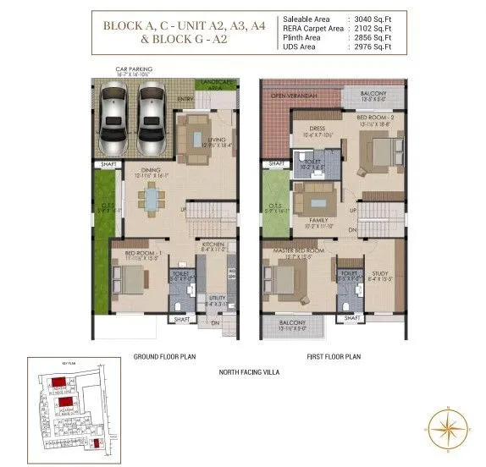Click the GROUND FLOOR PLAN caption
(x=164, y=357)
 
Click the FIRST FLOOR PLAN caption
(x=333, y=357)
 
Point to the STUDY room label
(x=378, y=273)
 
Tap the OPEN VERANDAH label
(x=291, y=96)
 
